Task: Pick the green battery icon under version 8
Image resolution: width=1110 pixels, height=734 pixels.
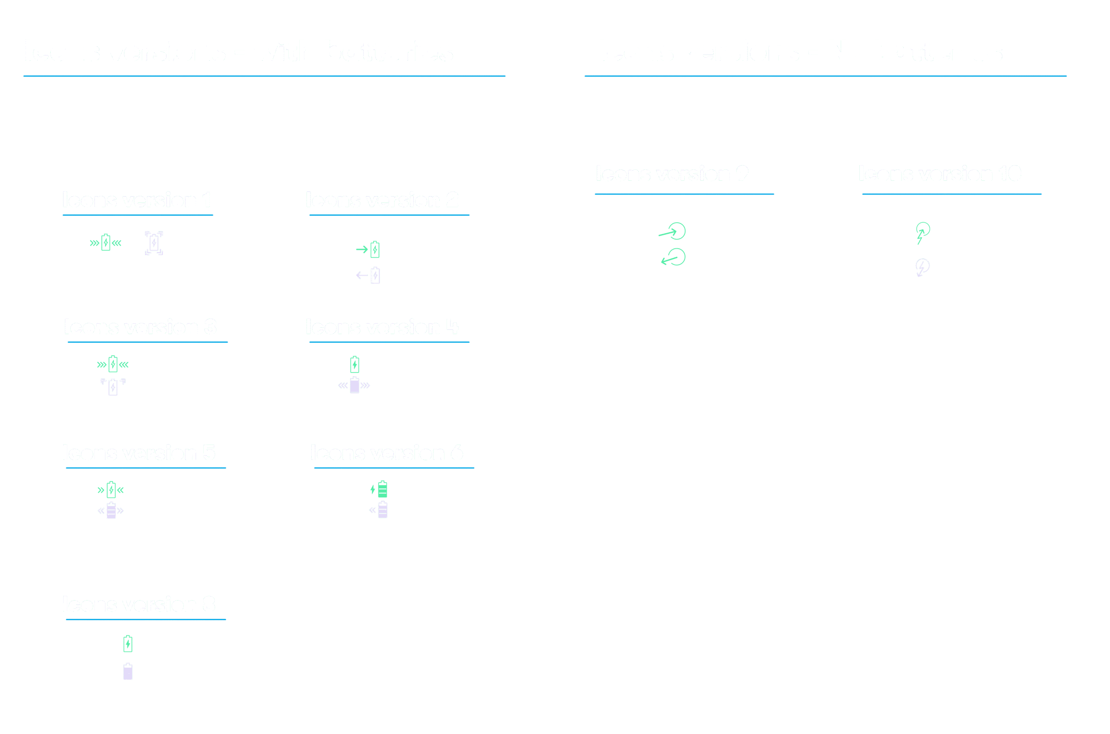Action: click(128, 644)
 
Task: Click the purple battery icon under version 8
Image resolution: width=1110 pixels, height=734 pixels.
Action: click(128, 672)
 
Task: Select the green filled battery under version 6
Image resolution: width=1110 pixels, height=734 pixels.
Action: click(382, 489)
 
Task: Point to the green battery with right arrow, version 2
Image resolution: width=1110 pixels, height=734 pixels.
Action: click(375, 250)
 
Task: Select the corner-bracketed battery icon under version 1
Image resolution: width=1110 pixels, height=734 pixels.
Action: click(153, 243)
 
